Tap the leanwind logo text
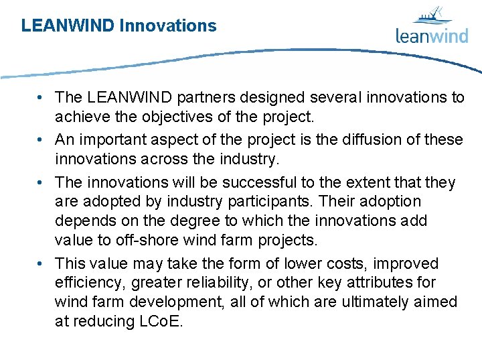[431, 36]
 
